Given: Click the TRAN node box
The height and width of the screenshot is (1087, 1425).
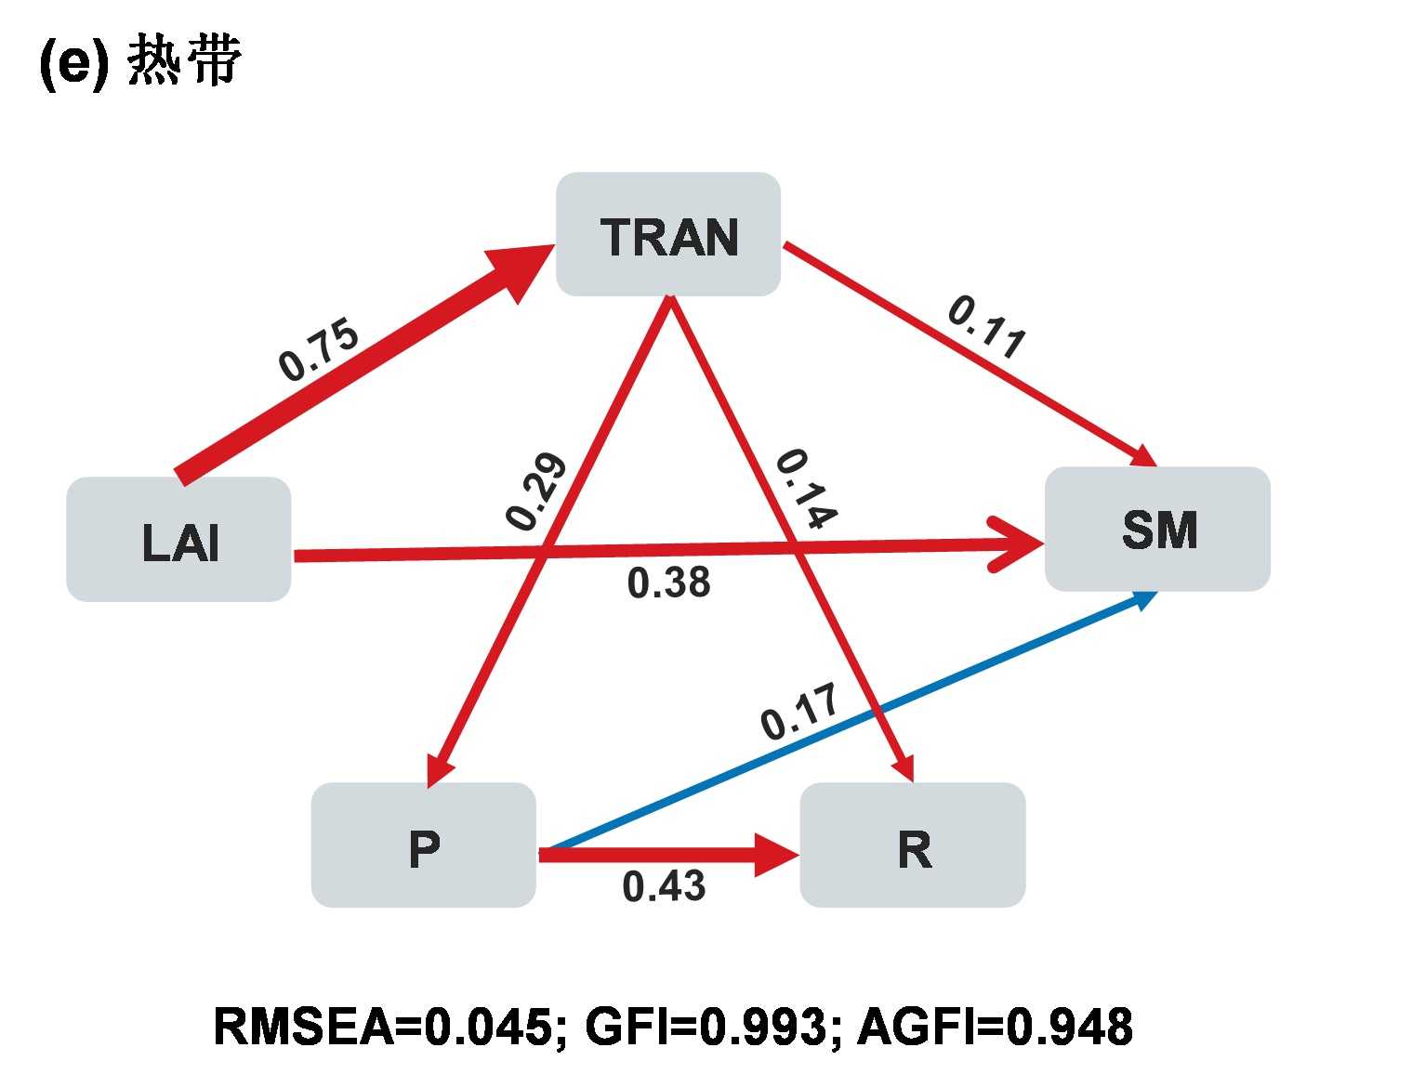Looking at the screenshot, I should pos(667,234).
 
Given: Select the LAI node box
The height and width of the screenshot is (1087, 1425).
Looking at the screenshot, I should pos(178,540).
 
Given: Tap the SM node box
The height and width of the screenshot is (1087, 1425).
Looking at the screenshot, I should pos(1157,529).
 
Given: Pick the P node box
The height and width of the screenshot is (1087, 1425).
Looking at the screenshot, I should pos(423,845).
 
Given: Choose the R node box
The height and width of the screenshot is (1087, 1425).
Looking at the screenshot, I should pos(912,845).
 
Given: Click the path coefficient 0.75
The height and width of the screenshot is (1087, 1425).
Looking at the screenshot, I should pos(318,350).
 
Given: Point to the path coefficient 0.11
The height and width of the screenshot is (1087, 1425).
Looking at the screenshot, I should pos(987,327).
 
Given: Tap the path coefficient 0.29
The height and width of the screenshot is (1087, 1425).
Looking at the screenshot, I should pos(536,491).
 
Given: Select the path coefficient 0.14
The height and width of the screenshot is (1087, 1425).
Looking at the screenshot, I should pos(806,488).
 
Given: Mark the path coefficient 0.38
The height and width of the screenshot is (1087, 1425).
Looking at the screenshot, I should pos(668,583).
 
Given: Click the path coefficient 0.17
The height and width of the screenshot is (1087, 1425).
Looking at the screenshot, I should pos(799,712).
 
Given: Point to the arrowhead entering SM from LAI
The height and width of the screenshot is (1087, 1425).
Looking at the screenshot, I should pos(1018,543).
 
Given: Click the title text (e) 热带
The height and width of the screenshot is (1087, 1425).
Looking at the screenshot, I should pos(139,63).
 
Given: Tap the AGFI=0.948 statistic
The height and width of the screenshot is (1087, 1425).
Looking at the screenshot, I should pos(995,1027).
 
